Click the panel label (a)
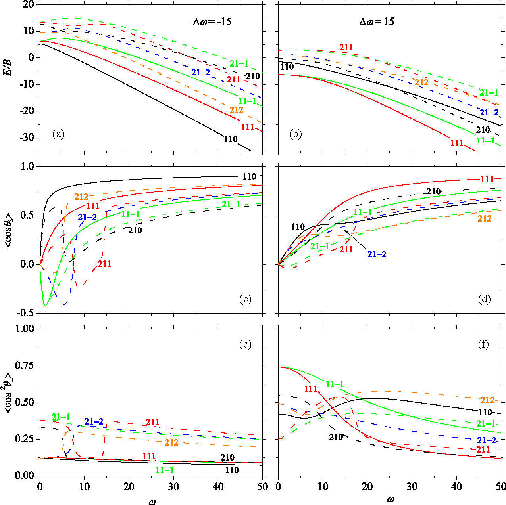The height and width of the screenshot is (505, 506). [58, 134]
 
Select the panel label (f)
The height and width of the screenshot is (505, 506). [484, 344]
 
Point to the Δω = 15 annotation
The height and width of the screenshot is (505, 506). [377, 21]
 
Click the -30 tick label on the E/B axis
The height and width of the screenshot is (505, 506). [27, 138]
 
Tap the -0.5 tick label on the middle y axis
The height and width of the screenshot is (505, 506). [27, 313]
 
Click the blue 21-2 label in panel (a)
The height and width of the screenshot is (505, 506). [200, 72]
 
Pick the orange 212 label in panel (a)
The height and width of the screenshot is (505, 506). [236, 110]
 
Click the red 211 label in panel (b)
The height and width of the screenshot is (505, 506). [346, 48]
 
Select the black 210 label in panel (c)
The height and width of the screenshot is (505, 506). [135, 230]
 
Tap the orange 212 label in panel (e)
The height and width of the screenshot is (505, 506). [171, 442]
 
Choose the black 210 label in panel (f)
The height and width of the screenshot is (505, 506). [336, 437]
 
